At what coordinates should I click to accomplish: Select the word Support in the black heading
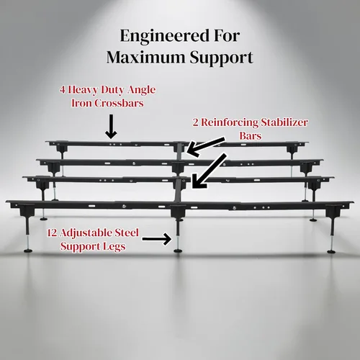pos(222,58)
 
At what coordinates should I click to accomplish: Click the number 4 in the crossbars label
pos(63,90)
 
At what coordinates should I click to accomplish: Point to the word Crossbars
pos(119,103)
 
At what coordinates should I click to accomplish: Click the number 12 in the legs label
pos(52,233)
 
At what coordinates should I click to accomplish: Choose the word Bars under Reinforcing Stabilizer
pos(250,136)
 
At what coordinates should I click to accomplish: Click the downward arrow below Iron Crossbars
pos(111,127)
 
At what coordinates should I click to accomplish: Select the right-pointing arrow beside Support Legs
pos(157,239)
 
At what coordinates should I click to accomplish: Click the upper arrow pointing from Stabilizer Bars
pos(206,147)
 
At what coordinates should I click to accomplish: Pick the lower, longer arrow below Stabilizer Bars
pos(209,171)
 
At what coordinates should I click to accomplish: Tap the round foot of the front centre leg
pos(178,251)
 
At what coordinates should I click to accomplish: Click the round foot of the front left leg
pos(28,251)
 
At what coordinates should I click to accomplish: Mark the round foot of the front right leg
pos(332,251)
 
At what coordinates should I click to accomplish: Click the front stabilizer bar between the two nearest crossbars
pos(178,192)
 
